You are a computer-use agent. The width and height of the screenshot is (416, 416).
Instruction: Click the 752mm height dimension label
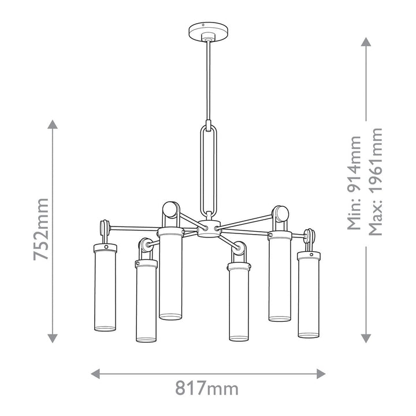[x=41, y=229]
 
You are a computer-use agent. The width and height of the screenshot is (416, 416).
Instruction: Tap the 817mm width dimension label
[x=207, y=388]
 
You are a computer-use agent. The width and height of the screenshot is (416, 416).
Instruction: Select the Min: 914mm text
[x=354, y=183]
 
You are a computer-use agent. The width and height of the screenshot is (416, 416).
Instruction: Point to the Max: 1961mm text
[x=376, y=182]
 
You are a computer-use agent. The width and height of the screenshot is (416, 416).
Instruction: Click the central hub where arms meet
[x=210, y=228]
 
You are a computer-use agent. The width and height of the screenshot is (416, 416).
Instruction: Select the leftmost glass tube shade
[x=105, y=291]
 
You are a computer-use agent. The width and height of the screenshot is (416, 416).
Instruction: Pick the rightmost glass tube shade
[x=309, y=298]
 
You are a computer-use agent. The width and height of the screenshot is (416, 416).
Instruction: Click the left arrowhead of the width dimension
[x=95, y=374]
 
